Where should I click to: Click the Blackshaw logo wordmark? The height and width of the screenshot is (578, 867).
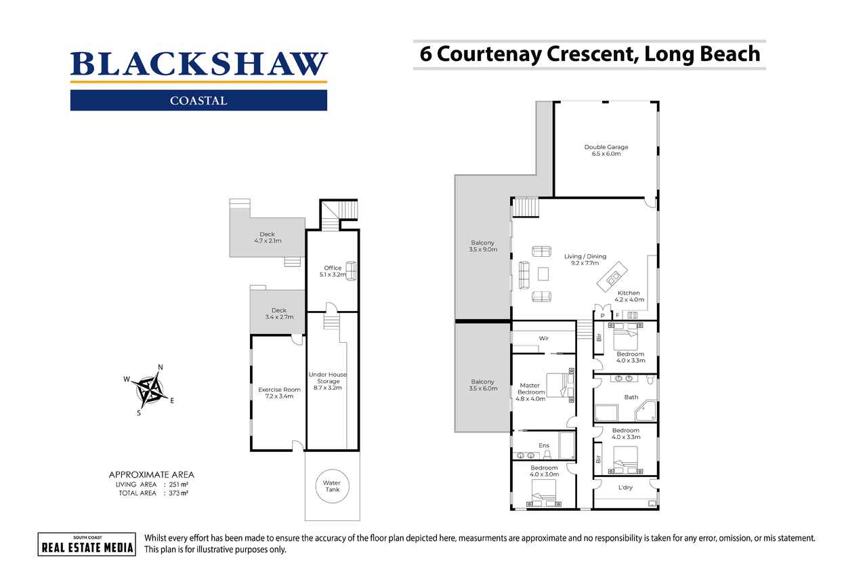[198, 64]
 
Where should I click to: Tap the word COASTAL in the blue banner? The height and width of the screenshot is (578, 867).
[198, 101]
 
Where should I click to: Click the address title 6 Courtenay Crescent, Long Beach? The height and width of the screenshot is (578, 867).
[589, 54]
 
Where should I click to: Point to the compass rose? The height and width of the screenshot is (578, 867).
[150, 390]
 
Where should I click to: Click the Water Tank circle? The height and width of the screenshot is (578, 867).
[331, 486]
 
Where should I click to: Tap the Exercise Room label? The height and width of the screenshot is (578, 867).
[279, 393]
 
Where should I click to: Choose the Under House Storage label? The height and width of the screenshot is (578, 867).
[328, 381]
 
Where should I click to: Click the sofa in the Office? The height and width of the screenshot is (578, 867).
[350, 271]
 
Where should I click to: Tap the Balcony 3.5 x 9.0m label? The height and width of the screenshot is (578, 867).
[483, 246]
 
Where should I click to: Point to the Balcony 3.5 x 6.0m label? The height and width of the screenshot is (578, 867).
[483, 385]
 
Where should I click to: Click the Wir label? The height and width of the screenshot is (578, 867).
[543, 337]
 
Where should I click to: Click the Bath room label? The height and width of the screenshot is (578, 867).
[631, 397]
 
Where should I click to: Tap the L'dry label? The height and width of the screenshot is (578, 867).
[625, 487]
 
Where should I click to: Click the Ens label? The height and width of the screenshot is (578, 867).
[543, 445]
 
